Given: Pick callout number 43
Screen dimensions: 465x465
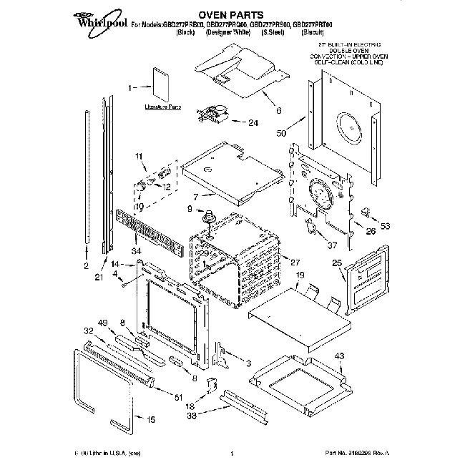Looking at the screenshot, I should tap(340, 356).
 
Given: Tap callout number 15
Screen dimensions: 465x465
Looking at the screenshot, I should tap(150, 420).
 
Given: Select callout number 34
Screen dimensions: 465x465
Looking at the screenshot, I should tap(136, 250).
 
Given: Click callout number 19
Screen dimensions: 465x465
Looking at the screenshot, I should tap(300, 275).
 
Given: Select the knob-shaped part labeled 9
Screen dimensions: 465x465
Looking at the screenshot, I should tap(210, 215).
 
